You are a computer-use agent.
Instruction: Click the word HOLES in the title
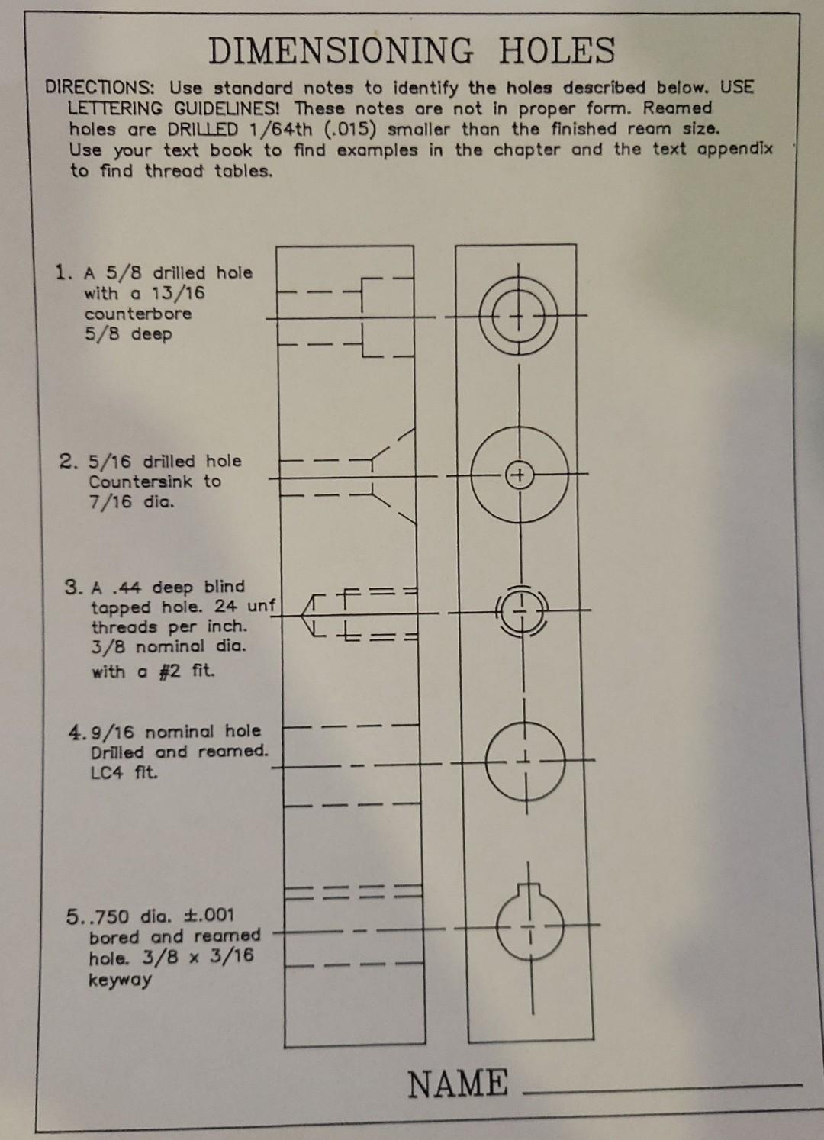click(x=557, y=52)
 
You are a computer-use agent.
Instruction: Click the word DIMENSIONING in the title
click(x=340, y=52)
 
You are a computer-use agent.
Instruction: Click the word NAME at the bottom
click(x=458, y=1084)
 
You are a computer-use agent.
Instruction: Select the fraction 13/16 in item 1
click(x=179, y=294)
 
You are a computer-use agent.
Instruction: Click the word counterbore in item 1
click(x=138, y=314)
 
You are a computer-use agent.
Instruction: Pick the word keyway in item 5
click(x=120, y=980)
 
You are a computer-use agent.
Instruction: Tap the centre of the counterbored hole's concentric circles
click(x=518, y=314)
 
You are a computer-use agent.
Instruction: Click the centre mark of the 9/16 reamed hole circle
click(x=526, y=759)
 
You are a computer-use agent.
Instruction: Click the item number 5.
click(x=72, y=916)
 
